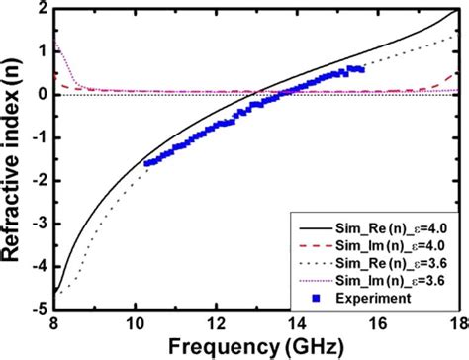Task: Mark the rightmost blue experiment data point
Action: tap(360, 69)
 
